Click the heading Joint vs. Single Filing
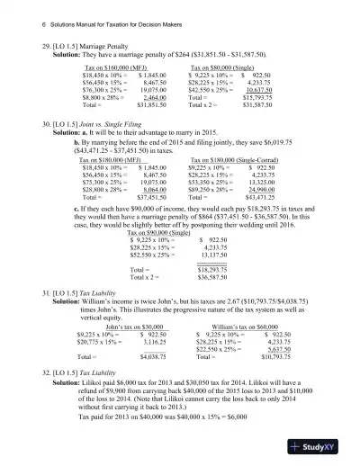(112, 118)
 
